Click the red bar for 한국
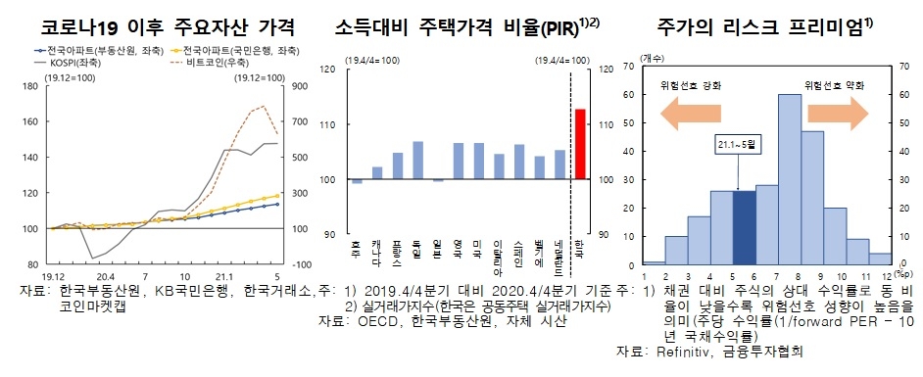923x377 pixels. click(x=579, y=144)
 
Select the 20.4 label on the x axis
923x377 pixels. click(x=106, y=276)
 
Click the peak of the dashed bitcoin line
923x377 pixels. click(x=265, y=105)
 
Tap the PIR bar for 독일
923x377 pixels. click(x=418, y=161)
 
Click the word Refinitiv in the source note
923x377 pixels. click(x=689, y=352)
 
